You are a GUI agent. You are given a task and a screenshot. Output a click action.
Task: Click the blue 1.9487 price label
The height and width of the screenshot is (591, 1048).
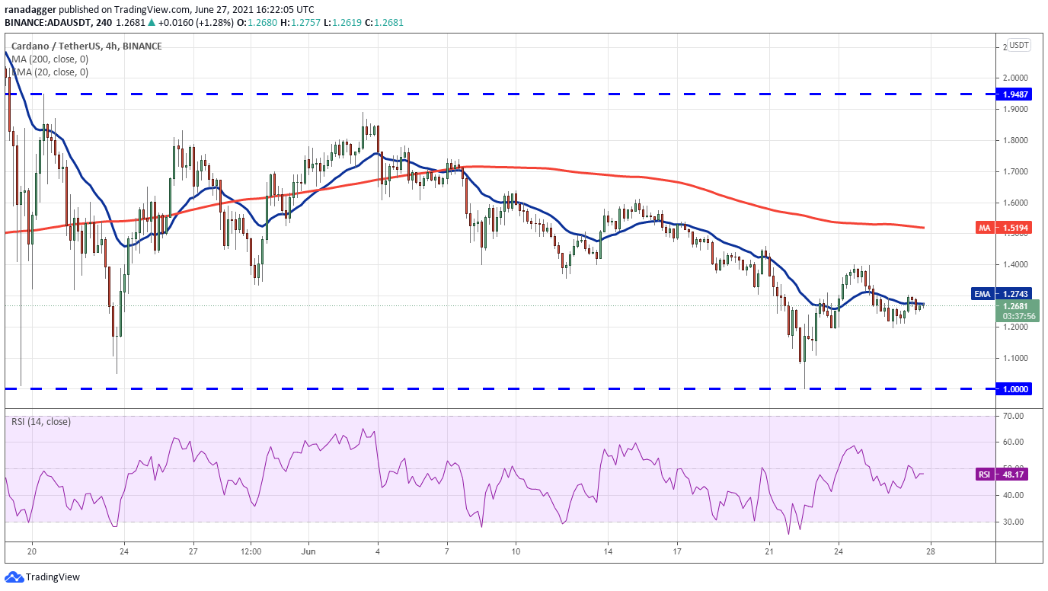click(x=1014, y=94)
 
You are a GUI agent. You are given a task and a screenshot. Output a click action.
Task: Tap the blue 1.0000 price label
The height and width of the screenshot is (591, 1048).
click(x=1014, y=389)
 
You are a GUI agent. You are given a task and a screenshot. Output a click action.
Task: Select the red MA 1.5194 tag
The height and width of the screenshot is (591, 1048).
click(x=1004, y=228)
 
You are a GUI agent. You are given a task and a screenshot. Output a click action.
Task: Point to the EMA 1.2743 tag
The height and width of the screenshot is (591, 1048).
click(x=1002, y=294)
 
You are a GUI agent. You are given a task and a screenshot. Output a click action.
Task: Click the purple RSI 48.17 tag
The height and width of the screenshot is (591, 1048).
click(x=1004, y=474)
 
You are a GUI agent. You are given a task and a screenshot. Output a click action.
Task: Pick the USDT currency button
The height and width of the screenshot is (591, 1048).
click(x=1018, y=45)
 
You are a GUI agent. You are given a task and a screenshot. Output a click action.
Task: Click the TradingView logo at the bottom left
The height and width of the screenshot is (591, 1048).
click(x=43, y=577)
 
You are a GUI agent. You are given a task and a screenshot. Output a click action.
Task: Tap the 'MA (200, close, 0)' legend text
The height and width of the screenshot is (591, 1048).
click(x=50, y=59)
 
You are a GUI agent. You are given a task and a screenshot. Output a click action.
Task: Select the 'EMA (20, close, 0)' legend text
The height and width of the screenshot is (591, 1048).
click(x=50, y=72)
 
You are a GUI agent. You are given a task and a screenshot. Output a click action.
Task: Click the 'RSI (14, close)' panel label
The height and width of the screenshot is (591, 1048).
click(x=41, y=422)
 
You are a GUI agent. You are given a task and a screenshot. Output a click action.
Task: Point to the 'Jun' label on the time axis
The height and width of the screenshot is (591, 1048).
click(x=308, y=551)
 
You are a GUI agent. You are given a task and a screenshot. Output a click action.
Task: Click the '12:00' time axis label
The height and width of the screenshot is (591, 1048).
click(x=251, y=551)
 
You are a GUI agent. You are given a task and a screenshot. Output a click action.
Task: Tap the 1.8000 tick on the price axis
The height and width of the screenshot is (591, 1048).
click(x=1014, y=140)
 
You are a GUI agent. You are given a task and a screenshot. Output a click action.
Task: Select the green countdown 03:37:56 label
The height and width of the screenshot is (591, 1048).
click(x=1018, y=316)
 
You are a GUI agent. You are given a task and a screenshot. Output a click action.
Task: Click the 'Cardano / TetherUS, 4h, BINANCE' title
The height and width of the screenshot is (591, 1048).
click(x=87, y=46)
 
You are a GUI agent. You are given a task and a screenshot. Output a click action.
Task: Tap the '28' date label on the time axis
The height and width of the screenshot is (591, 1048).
click(x=931, y=551)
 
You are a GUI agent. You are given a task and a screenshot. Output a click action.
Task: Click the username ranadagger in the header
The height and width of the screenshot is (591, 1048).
click(x=30, y=9)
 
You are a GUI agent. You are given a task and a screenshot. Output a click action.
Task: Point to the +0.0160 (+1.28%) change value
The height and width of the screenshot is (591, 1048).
click(x=196, y=22)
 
